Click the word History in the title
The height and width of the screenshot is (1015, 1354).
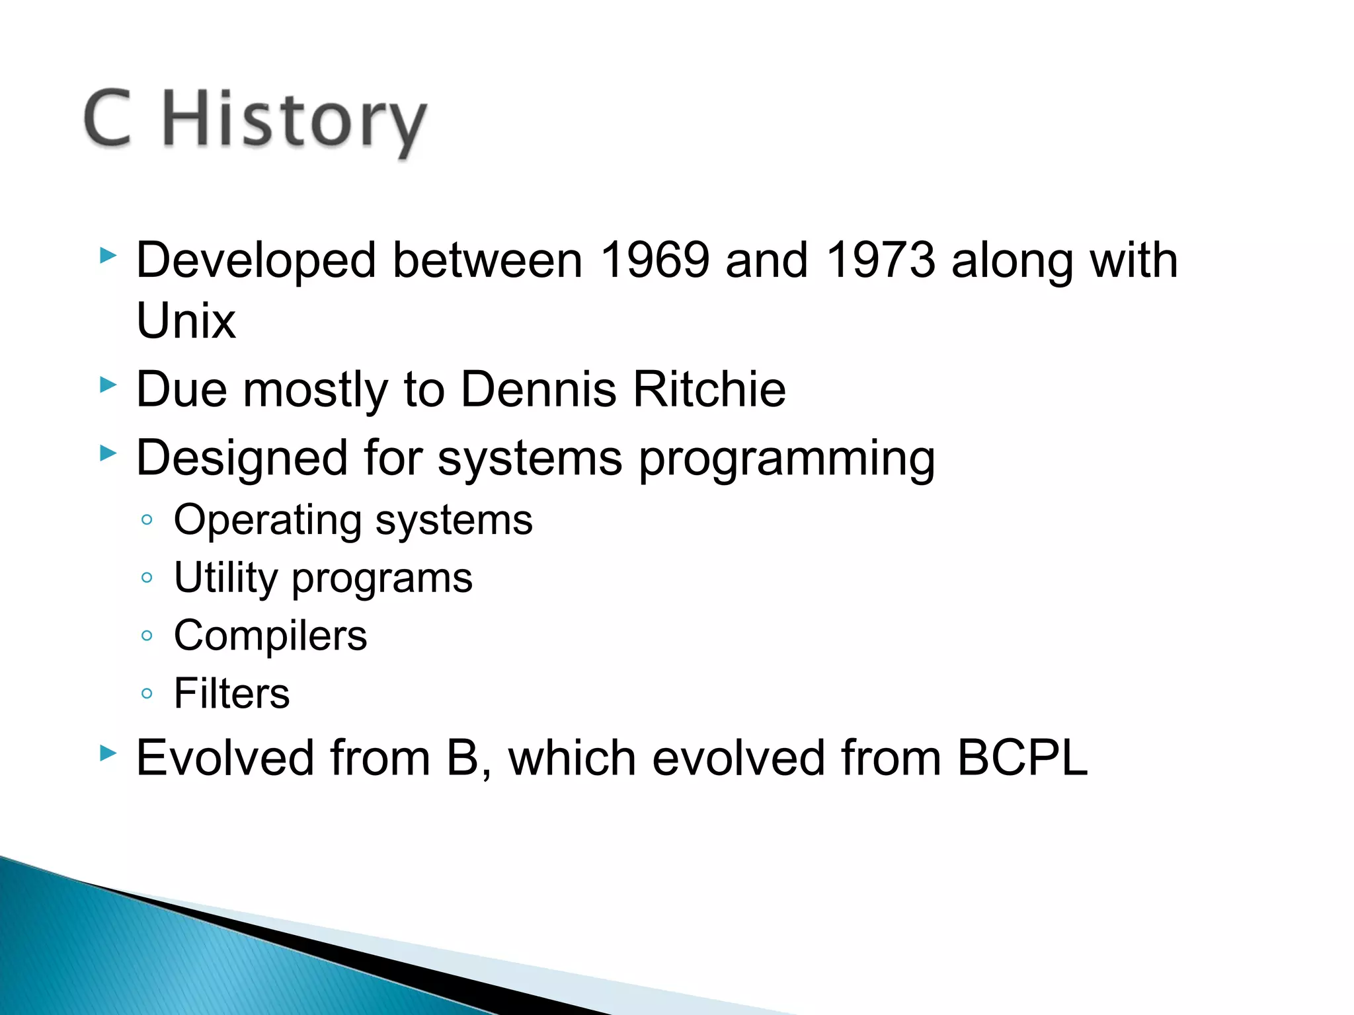(x=294, y=122)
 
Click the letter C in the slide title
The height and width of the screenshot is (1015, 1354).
(x=108, y=119)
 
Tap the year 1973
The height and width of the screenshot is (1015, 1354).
(x=881, y=260)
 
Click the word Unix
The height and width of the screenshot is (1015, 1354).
(x=186, y=321)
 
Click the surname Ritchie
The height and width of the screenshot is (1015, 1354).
(x=709, y=389)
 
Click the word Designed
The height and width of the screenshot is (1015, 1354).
(x=241, y=459)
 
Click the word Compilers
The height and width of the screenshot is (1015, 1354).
(x=270, y=636)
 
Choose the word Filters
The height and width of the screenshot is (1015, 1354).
(x=231, y=694)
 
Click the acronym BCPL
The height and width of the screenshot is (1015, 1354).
(x=1022, y=758)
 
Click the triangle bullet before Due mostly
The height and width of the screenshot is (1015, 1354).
(x=108, y=385)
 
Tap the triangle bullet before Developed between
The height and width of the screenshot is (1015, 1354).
(x=108, y=256)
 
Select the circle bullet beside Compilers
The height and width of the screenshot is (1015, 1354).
(x=147, y=636)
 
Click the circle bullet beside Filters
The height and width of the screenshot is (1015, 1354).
(x=147, y=694)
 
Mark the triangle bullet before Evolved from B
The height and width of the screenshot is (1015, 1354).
(x=108, y=753)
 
